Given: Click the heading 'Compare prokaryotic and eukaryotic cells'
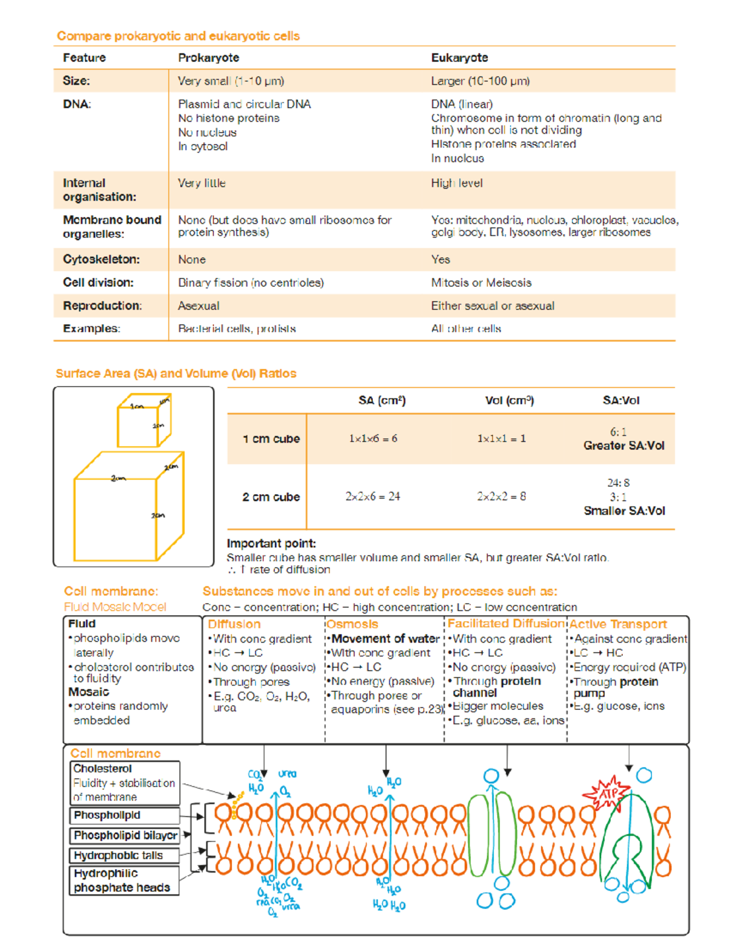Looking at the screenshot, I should tap(178, 36).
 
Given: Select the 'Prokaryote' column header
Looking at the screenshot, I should tap(208, 58).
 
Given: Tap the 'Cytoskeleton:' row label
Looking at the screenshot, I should tap(101, 260).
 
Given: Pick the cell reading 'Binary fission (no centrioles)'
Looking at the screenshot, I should tap(251, 283).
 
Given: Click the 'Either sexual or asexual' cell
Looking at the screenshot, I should tap(492, 306).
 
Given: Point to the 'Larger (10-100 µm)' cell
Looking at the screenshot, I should tap(480, 81).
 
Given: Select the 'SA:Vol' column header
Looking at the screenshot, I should tap(620, 401).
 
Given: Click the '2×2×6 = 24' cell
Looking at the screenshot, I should tap(372, 497).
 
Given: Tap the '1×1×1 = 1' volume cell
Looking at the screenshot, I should tap(501, 439).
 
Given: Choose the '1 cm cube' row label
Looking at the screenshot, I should tap(271, 439).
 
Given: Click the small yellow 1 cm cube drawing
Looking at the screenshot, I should tap(144, 421).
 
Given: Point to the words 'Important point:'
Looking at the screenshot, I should tap(271, 543).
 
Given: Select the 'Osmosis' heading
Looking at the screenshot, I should tap(352, 624).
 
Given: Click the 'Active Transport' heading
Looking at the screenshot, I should tap(617, 624).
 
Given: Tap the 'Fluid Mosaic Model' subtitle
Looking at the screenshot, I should tap(115, 607).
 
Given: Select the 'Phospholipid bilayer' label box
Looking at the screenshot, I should tap(125, 835).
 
